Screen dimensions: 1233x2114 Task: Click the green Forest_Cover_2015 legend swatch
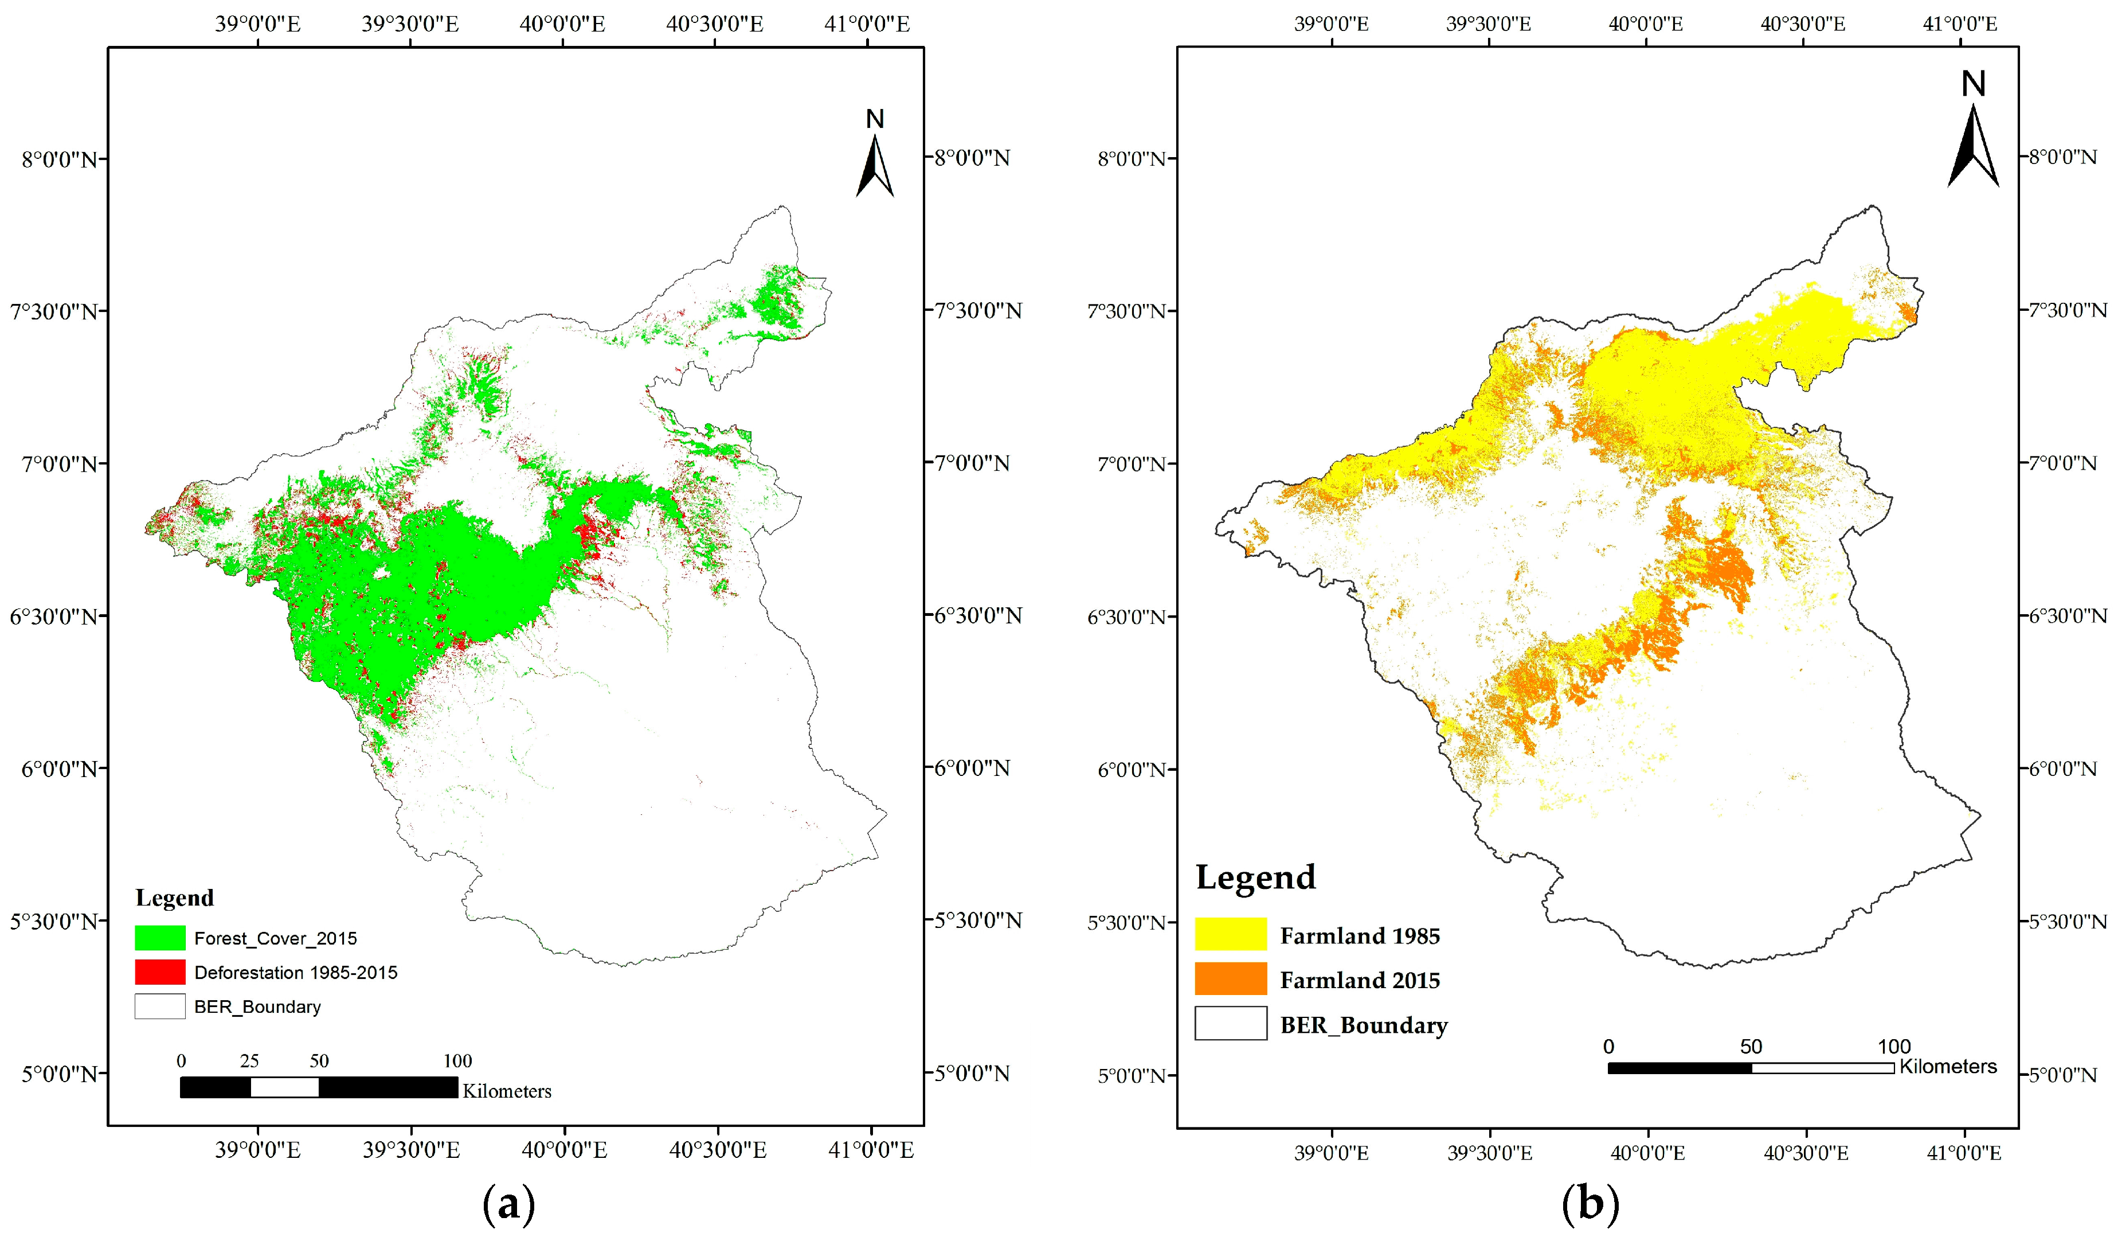[x=159, y=938]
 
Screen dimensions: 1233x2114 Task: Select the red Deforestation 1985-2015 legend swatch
[x=159, y=972]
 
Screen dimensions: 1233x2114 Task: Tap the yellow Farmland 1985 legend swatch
[x=1230, y=934]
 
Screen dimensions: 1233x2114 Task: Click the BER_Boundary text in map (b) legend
[x=1363, y=1025]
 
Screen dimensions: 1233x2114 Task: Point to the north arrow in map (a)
[x=874, y=159]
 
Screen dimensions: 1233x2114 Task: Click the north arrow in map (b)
[x=1973, y=134]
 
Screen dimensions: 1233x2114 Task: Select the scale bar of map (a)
[x=319, y=1087]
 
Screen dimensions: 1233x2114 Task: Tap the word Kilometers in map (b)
[x=1947, y=1066]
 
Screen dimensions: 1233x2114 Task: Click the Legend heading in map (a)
[x=174, y=898]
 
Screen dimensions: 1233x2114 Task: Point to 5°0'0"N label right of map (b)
[x=2062, y=1074]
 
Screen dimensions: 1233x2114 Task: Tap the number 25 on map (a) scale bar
[x=249, y=1060]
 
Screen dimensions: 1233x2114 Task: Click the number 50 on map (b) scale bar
[x=1751, y=1046]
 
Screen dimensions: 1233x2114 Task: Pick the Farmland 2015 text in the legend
[x=1359, y=980]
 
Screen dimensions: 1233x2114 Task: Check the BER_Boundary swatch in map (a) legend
[x=159, y=1006]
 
